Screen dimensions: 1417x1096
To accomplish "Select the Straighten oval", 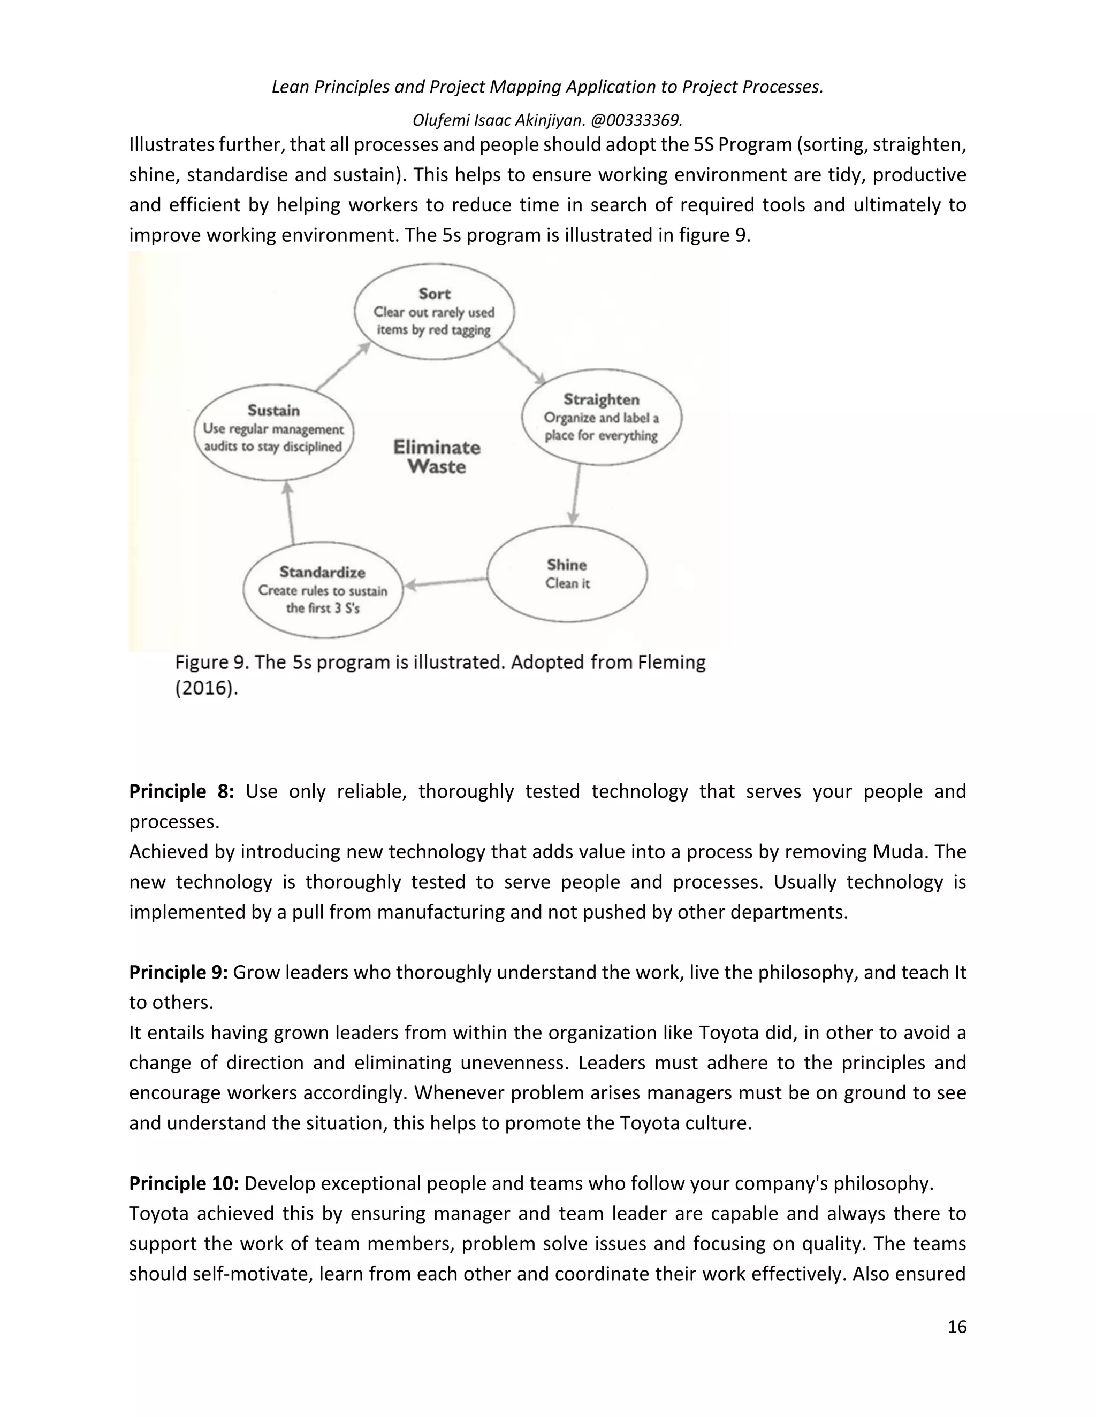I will click(601, 417).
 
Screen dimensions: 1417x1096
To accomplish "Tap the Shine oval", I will click(567, 574).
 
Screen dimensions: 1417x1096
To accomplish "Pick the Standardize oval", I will click(323, 590).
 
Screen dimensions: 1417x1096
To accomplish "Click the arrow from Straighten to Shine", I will click(576, 495).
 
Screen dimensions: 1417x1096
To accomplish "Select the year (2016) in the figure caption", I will click(207, 688).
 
